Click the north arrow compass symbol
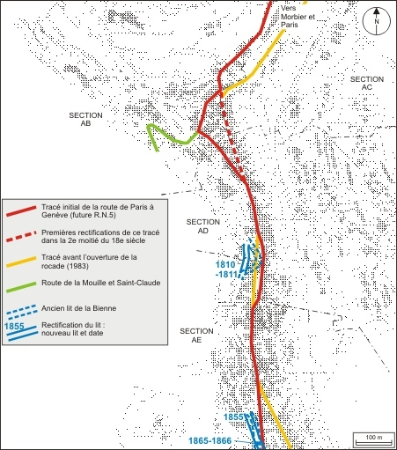click(377, 18)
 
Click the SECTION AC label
click(366, 84)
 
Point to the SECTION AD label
click(203, 227)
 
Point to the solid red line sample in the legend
click(20, 212)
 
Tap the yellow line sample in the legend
click(20, 262)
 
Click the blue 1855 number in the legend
click(14, 327)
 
